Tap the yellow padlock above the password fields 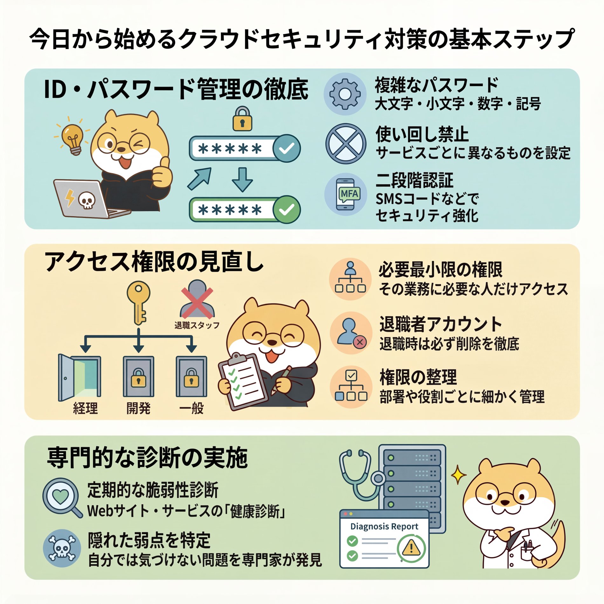(x=242, y=119)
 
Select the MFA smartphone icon (x=346, y=194)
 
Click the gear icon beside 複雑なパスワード (x=345, y=94)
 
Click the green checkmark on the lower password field (x=286, y=209)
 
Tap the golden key (x=139, y=300)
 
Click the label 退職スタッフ (x=197, y=325)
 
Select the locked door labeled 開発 (x=139, y=377)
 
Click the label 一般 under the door (x=191, y=408)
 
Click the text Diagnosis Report (x=384, y=526)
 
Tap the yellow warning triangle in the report (x=411, y=548)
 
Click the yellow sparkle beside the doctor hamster (x=458, y=475)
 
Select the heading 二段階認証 (x=414, y=180)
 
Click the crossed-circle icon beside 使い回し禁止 (x=346, y=144)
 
